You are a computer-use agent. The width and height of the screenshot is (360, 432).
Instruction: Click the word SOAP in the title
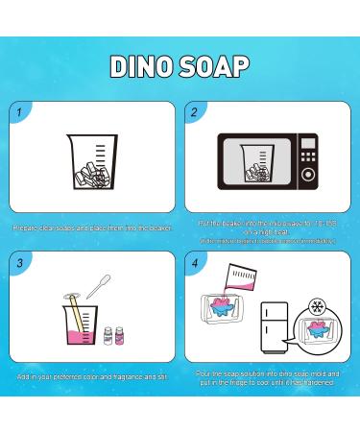coord(217,65)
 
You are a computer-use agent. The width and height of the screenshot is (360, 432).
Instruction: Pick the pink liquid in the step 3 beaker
coord(83,336)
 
